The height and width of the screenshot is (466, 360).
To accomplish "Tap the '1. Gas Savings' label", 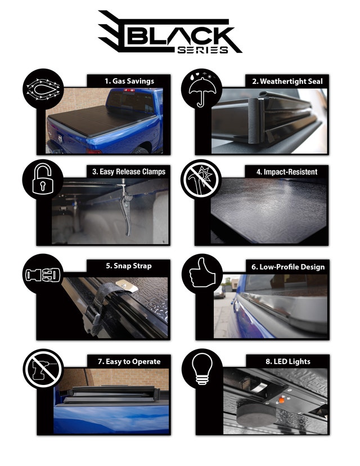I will pyautogui.click(x=129, y=81).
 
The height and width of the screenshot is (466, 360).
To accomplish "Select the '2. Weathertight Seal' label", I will pyautogui.click(x=287, y=81).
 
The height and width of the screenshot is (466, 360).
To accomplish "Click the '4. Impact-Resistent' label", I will pyautogui.click(x=290, y=172).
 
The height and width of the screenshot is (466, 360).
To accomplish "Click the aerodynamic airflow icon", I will pyautogui.click(x=41, y=89).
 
